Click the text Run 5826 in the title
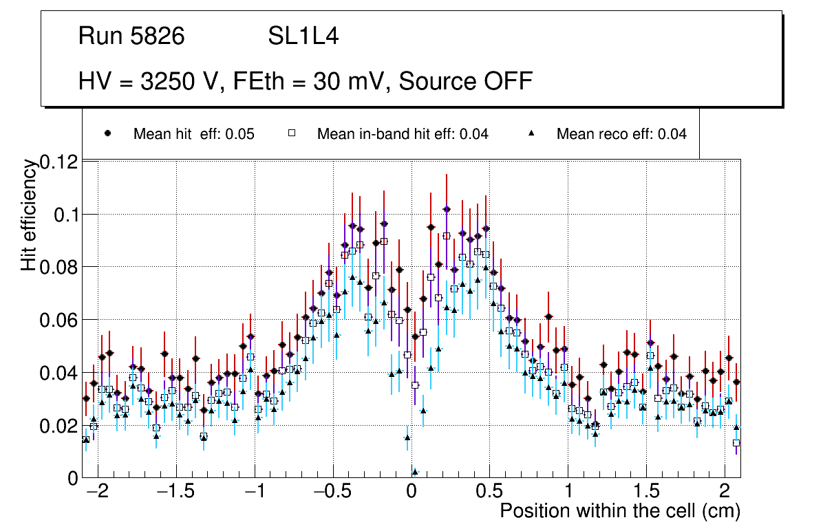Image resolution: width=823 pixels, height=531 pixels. coord(131,36)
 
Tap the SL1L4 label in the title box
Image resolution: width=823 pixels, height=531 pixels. coord(303,36)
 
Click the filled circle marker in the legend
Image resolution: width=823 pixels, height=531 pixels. coord(107,133)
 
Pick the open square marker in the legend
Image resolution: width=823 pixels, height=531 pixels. coord(292,133)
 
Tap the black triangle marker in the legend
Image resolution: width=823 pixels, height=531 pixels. coord(532,133)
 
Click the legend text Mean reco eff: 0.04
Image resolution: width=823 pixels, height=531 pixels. coord(621,134)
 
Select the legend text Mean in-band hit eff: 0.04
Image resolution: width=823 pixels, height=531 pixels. coord(403,134)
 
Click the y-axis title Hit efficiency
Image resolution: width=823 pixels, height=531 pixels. coord(28,215)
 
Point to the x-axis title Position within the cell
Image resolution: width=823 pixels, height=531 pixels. coord(619,511)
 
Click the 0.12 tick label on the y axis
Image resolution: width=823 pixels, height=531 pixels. coord(60,162)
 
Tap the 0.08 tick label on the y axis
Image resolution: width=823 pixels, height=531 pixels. coord(60,267)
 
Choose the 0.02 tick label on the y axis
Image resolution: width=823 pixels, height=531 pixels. coord(60,426)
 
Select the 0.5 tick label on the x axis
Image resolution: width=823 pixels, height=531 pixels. coord(489,492)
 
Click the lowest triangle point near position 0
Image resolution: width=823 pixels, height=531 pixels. coord(415,472)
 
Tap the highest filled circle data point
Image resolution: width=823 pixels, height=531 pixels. coord(447,209)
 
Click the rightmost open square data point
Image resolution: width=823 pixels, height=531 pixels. coord(736,443)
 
